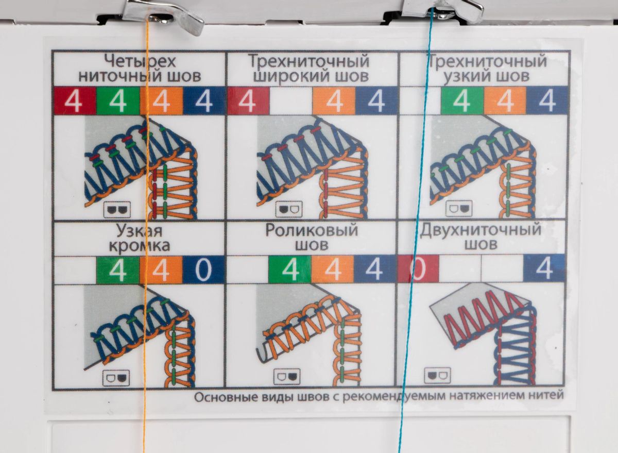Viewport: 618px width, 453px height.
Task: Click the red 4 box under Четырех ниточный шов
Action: pyautogui.click(x=75, y=101)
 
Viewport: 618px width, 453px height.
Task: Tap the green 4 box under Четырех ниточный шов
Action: pyautogui.click(x=118, y=101)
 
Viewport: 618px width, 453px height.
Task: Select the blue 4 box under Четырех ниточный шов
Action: pyautogui.click(x=204, y=101)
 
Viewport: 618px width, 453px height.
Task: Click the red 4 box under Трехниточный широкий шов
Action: pyautogui.click(x=248, y=101)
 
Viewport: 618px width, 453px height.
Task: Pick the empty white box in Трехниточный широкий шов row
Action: pyautogui.click(x=291, y=101)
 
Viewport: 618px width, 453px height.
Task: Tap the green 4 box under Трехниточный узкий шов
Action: pyautogui.click(x=462, y=101)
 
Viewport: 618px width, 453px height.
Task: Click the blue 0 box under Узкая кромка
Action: pyautogui.click(x=203, y=270)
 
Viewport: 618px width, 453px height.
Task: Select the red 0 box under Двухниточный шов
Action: pyautogui.click(x=418, y=269)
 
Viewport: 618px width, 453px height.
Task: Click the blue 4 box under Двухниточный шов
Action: pyautogui.click(x=544, y=268)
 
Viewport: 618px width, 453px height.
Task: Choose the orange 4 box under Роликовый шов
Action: pyautogui.click(x=333, y=269)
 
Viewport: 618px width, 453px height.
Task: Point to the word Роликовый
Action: pyautogui.click(x=312, y=230)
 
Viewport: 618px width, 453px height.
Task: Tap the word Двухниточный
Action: pyautogui.click(x=480, y=230)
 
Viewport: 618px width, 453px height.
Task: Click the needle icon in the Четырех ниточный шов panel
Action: pyautogui.click(x=117, y=210)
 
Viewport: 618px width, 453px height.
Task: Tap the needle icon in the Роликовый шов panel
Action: pyautogui.click(x=287, y=377)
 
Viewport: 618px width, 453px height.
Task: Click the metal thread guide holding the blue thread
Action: pyautogui.click(x=441, y=11)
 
